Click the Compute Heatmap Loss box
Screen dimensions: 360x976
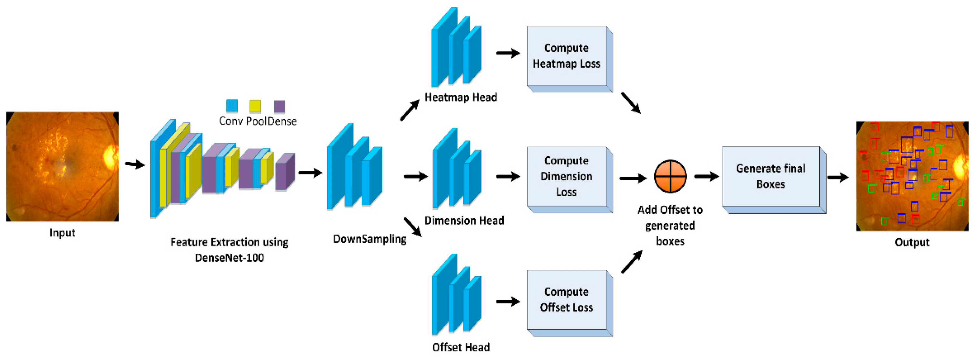pos(566,56)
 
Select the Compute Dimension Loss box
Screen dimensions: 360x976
pos(566,176)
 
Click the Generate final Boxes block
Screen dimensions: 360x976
pos(771,176)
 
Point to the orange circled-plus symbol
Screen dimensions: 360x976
pos(670,176)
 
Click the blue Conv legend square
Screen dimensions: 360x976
pos(232,106)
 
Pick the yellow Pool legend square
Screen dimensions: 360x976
pos(255,106)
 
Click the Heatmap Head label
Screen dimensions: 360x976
pos(461,98)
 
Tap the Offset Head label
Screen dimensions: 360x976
pos(461,347)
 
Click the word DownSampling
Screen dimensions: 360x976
pos(369,239)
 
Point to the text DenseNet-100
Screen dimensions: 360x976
pos(229,258)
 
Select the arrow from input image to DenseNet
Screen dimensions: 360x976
pos(135,164)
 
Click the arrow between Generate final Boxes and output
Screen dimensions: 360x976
pos(838,177)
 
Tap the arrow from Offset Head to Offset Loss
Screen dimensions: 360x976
pos(508,302)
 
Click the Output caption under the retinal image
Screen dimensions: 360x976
pos(912,242)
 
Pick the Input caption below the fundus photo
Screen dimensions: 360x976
pos(62,233)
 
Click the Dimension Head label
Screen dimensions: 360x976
pos(464,221)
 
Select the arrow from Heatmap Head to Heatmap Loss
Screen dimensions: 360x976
pos(508,53)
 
